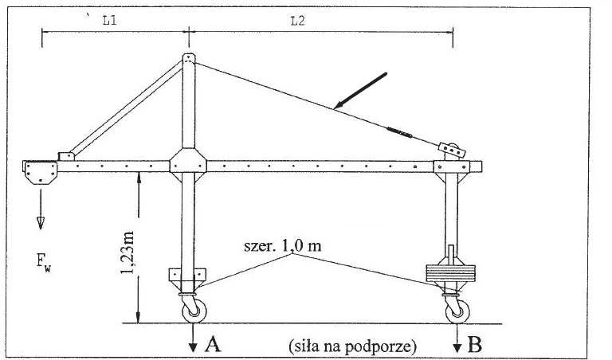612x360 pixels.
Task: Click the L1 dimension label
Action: pos(109,20)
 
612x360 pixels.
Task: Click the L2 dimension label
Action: pos(297,21)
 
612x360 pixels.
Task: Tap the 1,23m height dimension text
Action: pos(127,252)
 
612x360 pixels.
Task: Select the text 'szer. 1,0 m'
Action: pos(283,246)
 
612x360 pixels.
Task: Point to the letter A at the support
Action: pos(213,344)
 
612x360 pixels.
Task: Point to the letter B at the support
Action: pos(475,344)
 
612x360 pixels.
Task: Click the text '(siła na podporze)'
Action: pos(352,346)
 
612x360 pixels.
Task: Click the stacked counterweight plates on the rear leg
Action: pos(451,273)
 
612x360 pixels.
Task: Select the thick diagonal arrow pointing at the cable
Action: pos(361,90)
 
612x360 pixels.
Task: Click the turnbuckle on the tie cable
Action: pos(399,132)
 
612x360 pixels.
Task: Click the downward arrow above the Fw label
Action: pos(41,209)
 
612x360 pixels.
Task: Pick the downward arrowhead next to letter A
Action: pos(193,347)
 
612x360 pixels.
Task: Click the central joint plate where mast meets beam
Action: pos(188,165)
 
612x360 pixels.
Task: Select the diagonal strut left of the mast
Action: pos(126,108)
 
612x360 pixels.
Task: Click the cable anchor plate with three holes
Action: pos(452,150)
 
